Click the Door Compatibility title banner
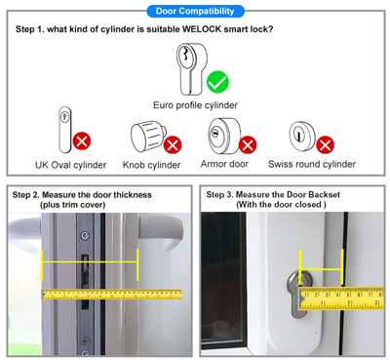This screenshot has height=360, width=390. (195, 11)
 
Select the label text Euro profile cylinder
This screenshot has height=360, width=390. (195, 104)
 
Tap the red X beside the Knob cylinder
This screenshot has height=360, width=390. (173, 145)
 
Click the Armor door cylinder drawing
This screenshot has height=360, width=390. (220, 134)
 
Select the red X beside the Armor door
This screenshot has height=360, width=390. (247, 145)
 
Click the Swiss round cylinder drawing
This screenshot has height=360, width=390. (301, 134)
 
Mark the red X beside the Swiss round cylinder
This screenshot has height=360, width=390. (325, 145)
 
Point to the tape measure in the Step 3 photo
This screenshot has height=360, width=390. (341, 297)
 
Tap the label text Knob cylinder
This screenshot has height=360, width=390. (152, 164)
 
